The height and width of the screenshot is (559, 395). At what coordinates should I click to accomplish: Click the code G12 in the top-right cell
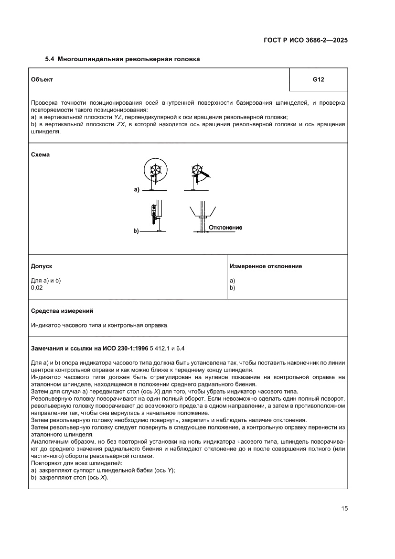point(318,79)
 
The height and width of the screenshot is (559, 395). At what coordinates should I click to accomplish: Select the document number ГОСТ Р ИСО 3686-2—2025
point(305,41)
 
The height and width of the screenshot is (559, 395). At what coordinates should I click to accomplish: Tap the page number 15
point(344,508)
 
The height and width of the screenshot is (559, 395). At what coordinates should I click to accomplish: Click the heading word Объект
point(42,79)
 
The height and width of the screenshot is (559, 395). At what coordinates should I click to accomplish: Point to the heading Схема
point(41,155)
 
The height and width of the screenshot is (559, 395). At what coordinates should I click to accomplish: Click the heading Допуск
point(42,266)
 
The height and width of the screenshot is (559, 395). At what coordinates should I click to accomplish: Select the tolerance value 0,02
point(37,288)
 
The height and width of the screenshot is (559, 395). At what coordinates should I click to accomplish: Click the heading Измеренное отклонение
point(266,266)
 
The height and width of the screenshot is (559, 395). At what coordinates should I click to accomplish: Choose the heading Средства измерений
point(62,311)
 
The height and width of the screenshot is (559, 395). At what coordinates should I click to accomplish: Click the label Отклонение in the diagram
point(225,227)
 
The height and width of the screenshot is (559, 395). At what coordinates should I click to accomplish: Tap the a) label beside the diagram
point(136,190)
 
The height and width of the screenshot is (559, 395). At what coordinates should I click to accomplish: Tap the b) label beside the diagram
point(136,231)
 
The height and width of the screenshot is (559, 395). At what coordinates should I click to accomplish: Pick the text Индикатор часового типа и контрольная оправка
point(99,325)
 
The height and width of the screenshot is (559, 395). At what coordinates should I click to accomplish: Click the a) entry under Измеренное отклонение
point(233,281)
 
